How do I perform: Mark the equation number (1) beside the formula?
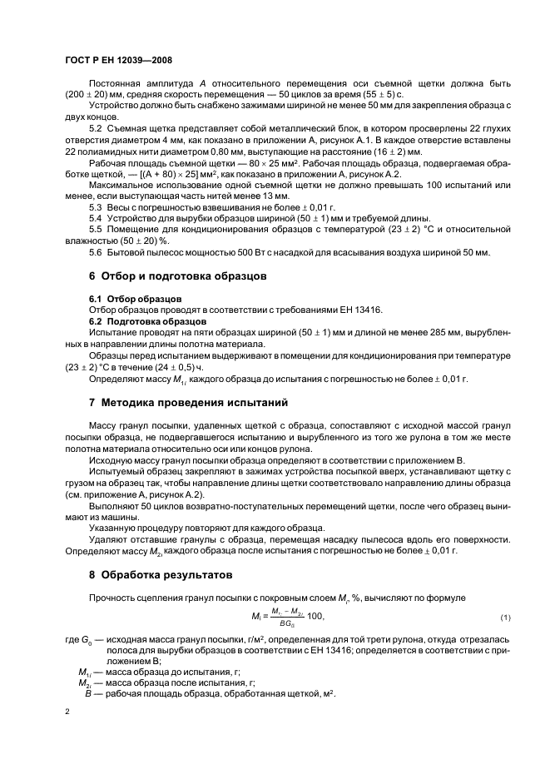pyautogui.click(x=504, y=616)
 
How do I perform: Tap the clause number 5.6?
pyautogui.click(x=97, y=252)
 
